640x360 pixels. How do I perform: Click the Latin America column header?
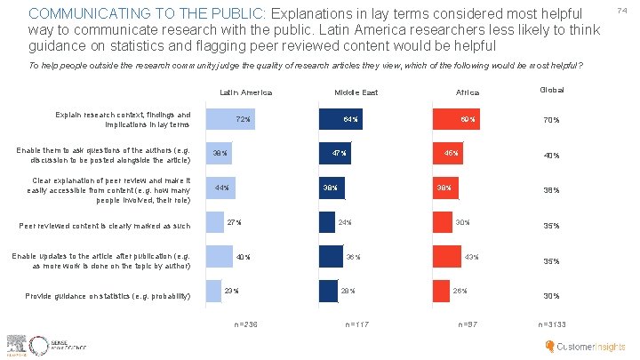tap(245, 92)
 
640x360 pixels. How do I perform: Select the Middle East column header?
tap(356, 92)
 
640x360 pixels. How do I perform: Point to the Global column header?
tap(551, 91)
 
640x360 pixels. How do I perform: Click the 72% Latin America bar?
tap(230, 119)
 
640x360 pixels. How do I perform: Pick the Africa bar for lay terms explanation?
tap(457, 119)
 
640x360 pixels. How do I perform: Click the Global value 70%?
tap(551, 121)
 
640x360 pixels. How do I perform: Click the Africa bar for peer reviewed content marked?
tap(440, 222)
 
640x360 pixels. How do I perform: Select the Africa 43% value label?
tap(472, 257)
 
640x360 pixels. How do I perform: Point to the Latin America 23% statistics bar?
tap(213, 291)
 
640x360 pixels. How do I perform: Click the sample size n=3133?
tap(551, 324)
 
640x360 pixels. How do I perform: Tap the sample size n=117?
tap(357, 324)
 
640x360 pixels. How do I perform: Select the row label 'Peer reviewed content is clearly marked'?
tap(105, 227)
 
